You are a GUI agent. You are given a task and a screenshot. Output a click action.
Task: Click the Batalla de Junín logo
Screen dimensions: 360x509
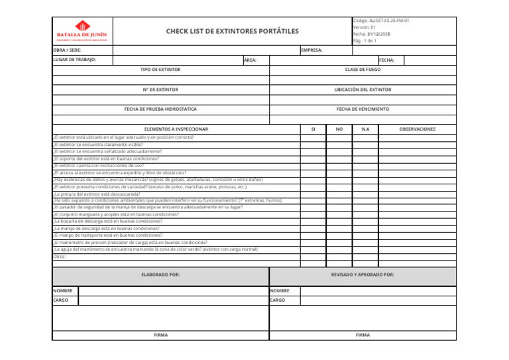coord(82,30)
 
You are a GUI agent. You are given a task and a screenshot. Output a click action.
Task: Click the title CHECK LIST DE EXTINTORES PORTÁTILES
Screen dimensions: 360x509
coord(232,31)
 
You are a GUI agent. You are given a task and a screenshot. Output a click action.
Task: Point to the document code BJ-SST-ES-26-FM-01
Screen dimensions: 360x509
coord(380,21)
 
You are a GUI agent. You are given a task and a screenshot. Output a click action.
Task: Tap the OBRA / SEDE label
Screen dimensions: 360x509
coord(67,50)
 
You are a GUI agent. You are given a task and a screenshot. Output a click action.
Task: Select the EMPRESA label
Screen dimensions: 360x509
coord(311,50)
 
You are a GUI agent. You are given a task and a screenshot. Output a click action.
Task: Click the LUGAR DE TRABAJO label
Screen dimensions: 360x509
coord(74,60)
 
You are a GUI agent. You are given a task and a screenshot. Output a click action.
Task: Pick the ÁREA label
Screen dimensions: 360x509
coord(250,60)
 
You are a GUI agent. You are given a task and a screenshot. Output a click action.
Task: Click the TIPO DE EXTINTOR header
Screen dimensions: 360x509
coord(160,70)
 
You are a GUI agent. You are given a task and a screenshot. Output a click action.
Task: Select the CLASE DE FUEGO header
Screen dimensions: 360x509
coord(363,70)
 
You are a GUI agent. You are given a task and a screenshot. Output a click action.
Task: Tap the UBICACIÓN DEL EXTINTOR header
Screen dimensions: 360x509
coord(363,90)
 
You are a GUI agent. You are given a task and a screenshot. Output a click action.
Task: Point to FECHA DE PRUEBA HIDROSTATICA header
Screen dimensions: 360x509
coord(160,109)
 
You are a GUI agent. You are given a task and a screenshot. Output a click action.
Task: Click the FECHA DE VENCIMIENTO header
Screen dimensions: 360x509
coord(363,109)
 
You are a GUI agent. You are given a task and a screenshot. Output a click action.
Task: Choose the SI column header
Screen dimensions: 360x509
coord(313,129)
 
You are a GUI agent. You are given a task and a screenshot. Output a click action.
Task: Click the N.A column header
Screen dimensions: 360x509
coord(365,129)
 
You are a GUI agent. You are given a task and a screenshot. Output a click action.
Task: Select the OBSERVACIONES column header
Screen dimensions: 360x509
coord(417,129)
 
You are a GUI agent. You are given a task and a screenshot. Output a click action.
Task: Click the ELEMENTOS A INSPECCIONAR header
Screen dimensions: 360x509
coord(176,129)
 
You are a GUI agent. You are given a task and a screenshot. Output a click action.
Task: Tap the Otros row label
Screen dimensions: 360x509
coord(60,256)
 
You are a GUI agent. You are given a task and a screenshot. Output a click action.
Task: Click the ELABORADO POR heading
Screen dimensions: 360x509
coord(160,274)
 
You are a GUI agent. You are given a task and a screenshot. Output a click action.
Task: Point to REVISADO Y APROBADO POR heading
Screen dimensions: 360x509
coord(363,274)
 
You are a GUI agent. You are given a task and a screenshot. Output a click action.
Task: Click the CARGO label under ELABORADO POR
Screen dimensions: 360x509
coord(62,300)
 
